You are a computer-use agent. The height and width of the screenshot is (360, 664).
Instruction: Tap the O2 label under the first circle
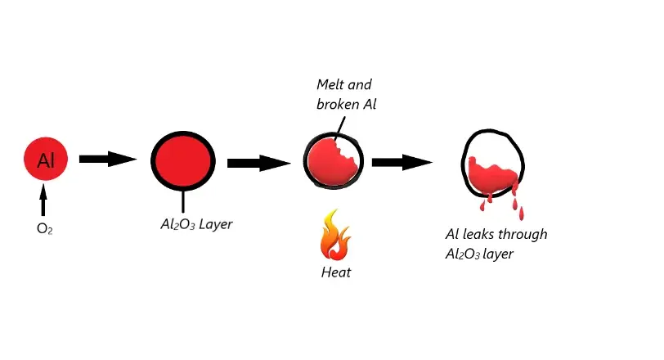point(44,230)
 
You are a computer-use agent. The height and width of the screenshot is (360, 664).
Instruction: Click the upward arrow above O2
point(44,200)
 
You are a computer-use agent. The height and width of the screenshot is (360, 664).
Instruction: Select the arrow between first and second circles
point(107,160)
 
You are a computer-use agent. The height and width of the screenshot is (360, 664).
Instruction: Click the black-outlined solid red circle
point(182,160)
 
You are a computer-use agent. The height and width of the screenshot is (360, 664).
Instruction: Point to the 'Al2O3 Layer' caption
point(196,223)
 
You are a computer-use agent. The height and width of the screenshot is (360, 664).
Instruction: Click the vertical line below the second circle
point(182,200)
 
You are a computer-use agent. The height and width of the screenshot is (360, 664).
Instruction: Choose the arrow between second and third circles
point(258,163)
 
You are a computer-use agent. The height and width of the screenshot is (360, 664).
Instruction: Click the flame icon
point(335,236)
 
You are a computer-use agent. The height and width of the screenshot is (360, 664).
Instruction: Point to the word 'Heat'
point(335,272)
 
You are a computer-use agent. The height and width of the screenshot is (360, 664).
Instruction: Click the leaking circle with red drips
point(492,164)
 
